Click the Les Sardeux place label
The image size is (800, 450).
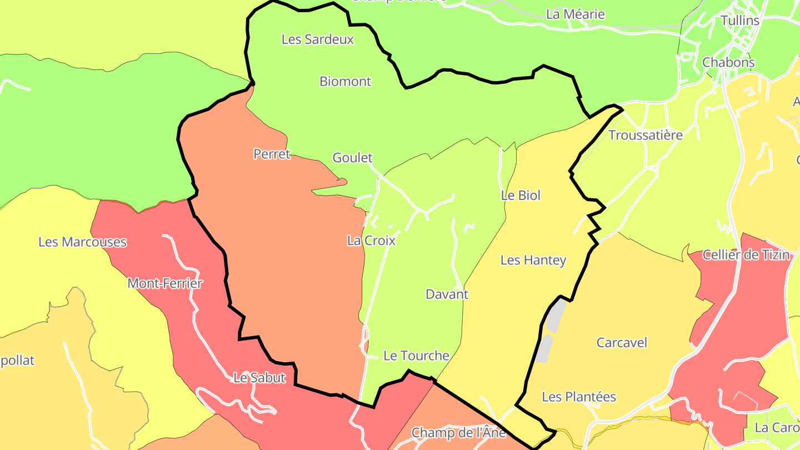[x=317, y=39]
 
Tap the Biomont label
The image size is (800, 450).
[x=345, y=82]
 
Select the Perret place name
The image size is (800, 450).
[x=272, y=154]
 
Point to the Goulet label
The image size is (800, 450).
[x=352, y=158]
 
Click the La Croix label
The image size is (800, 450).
[x=371, y=241]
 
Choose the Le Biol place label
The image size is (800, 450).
[x=521, y=196]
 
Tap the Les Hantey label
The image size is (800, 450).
[x=533, y=260]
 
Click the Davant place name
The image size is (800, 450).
[x=447, y=294]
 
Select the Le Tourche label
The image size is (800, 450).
[x=416, y=356]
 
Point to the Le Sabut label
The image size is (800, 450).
[x=259, y=378]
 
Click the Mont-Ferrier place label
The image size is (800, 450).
[x=165, y=283]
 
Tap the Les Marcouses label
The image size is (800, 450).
[x=82, y=242]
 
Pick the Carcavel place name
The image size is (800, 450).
[x=622, y=343]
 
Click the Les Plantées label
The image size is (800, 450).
[x=578, y=397]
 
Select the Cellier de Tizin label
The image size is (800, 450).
[x=746, y=255]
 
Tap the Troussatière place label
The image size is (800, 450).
[x=645, y=135]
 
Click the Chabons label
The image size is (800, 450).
[x=728, y=62]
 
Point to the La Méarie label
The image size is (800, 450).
[x=575, y=14]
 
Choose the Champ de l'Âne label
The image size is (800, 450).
[x=458, y=432]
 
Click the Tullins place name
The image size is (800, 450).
[x=739, y=21]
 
